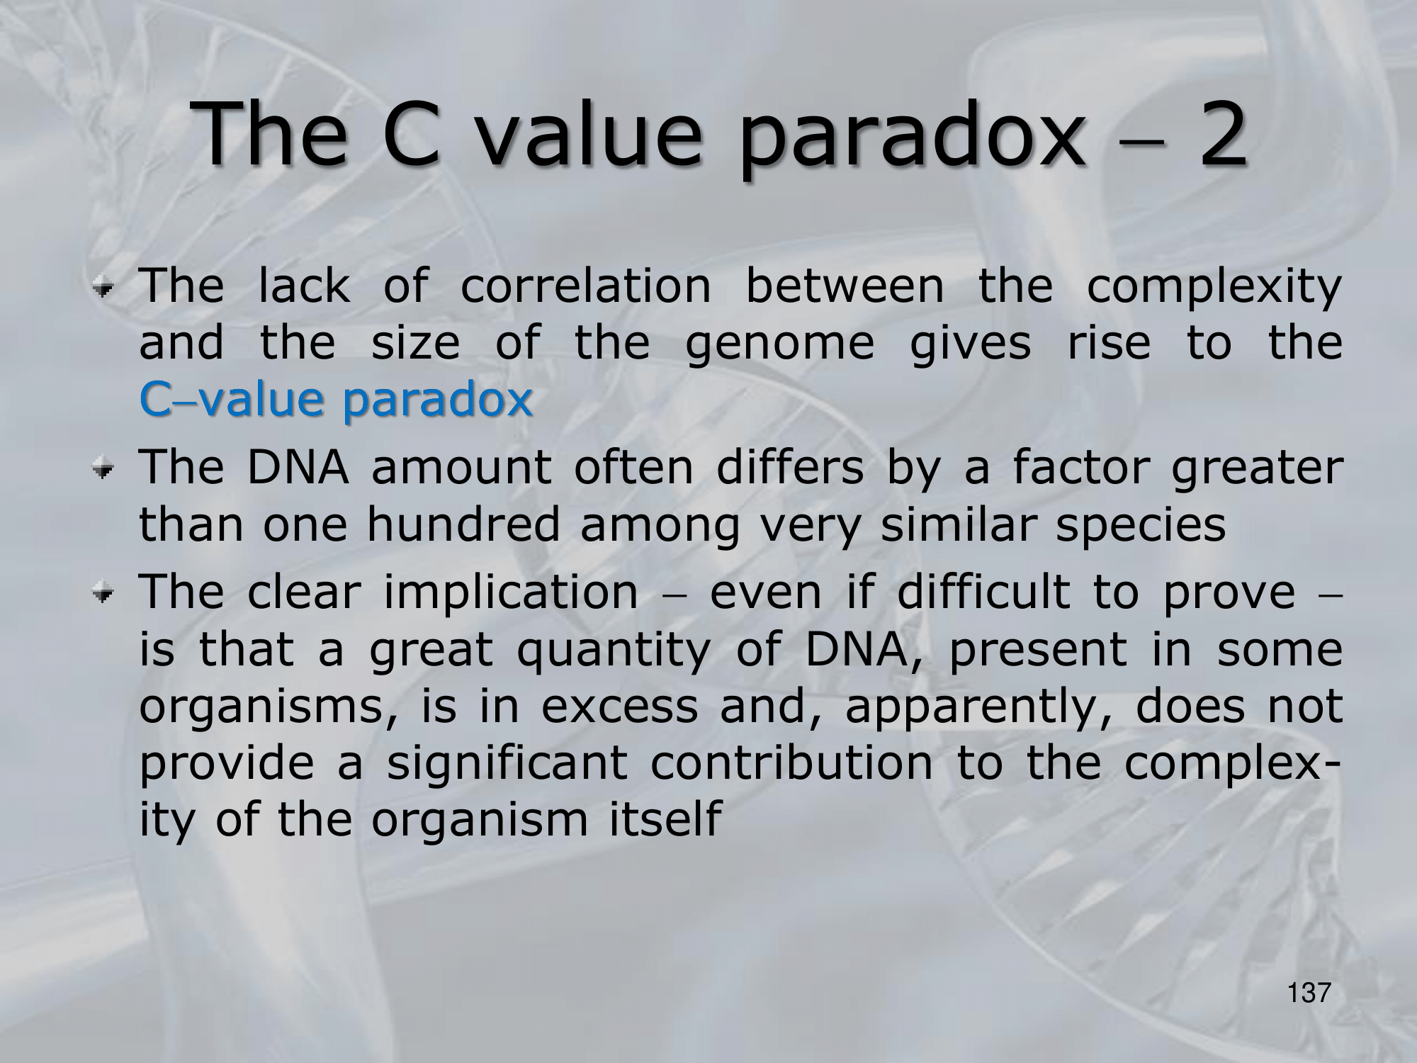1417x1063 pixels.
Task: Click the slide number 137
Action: point(1309,993)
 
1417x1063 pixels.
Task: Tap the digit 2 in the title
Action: point(1222,134)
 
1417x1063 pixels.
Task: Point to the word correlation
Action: point(585,286)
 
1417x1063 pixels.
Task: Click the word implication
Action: point(511,594)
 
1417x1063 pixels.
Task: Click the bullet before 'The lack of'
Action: point(104,288)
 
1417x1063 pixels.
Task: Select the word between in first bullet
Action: point(845,286)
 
